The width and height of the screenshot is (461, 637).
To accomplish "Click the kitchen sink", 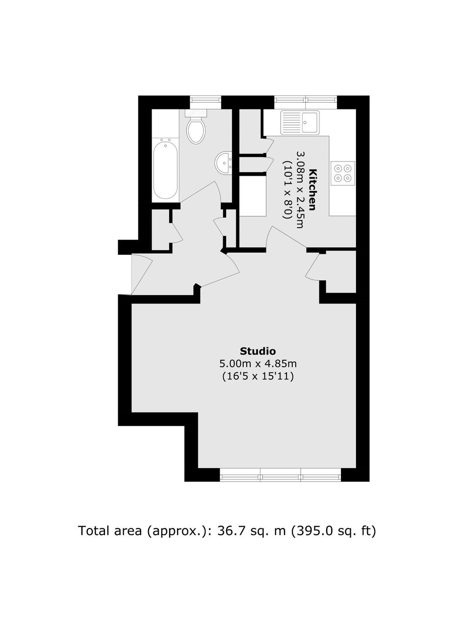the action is pyautogui.click(x=300, y=123).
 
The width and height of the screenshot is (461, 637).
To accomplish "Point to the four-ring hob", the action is pyautogui.click(x=343, y=173).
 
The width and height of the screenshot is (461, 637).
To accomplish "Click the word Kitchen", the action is pyautogui.click(x=312, y=189).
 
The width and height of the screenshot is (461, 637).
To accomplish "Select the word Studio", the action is pyautogui.click(x=258, y=351).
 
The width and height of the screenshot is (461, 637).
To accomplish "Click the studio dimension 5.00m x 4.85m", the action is pyautogui.click(x=258, y=364).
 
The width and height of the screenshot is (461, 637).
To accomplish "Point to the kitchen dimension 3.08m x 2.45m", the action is pyautogui.click(x=300, y=190).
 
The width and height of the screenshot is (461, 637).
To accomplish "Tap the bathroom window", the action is pyautogui.click(x=205, y=100).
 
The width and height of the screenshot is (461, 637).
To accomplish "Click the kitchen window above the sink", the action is pyautogui.click(x=306, y=100).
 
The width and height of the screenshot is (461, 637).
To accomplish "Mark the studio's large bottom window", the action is pyautogui.click(x=281, y=478).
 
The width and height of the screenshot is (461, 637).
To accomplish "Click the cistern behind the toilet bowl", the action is pyautogui.click(x=196, y=113).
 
